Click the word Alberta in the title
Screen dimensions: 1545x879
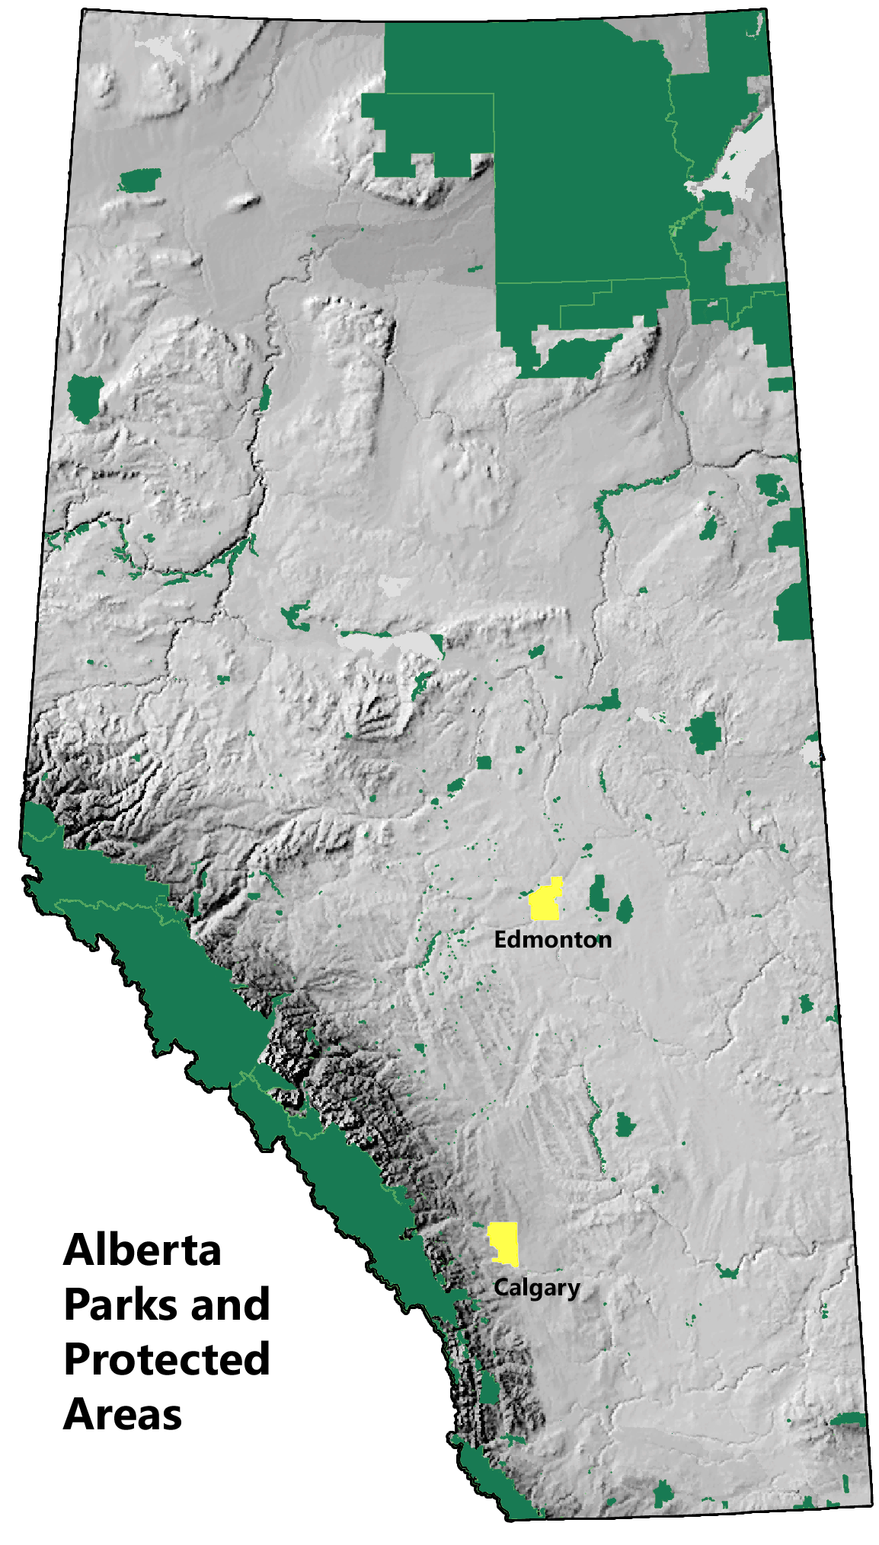click(142, 1250)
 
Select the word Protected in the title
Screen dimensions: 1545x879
click(167, 1359)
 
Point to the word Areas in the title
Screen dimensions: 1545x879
click(123, 1414)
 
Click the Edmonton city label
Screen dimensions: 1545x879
click(552, 940)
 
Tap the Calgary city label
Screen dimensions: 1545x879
click(536, 1288)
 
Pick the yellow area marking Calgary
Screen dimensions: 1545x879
click(504, 1243)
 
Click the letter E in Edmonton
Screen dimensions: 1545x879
click(500, 940)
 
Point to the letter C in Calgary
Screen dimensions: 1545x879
click(500, 1287)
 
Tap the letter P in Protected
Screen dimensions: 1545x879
click(78, 1359)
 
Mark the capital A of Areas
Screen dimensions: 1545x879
click(78, 1414)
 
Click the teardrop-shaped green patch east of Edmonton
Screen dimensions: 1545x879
click(625, 909)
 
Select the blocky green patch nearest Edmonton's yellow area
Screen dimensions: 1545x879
click(599, 894)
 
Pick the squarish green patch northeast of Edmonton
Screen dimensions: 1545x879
click(705, 733)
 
